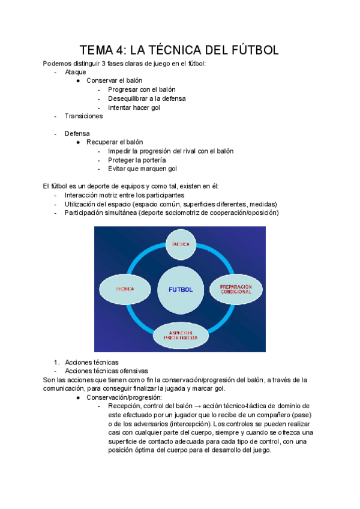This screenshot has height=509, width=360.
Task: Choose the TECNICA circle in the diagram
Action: pyautogui.click(x=125, y=289)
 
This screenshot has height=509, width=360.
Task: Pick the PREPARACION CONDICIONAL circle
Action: pyautogui.click(x=235, y=289)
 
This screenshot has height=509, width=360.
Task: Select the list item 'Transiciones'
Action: pyautogui.click(x=83, y=116)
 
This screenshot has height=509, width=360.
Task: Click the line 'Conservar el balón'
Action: pyautogui.click(x=114, y=80)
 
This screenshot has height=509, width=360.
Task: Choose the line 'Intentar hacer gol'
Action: pyautogui.click(x=134, y=107)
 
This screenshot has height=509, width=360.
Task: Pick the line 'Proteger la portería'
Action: pyautogui.click(x=137, y=160)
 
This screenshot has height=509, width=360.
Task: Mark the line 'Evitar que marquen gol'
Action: pyautogui.click(x=142, y=169)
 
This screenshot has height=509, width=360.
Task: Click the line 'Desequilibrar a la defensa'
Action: pyautogui.click(x=146, y=98)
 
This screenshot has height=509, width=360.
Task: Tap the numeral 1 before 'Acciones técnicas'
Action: pyautogui.click(x=55, y=362)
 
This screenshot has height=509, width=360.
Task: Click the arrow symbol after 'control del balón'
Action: pyautogui.click(x=196, y=406)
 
